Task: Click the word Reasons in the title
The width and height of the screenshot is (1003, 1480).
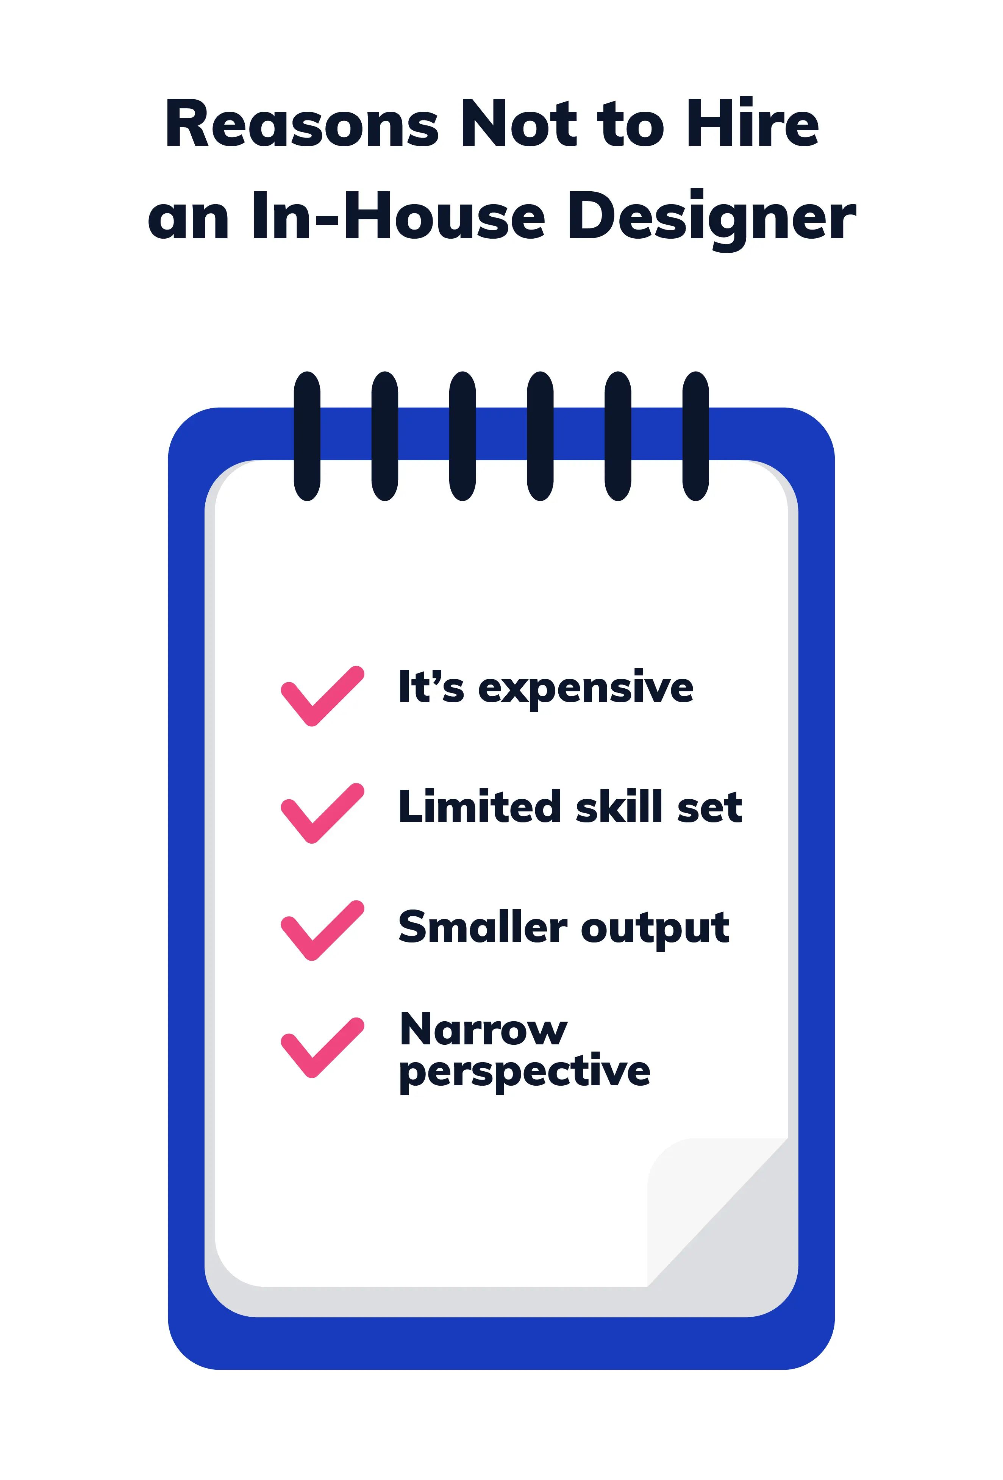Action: coord(301,124)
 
